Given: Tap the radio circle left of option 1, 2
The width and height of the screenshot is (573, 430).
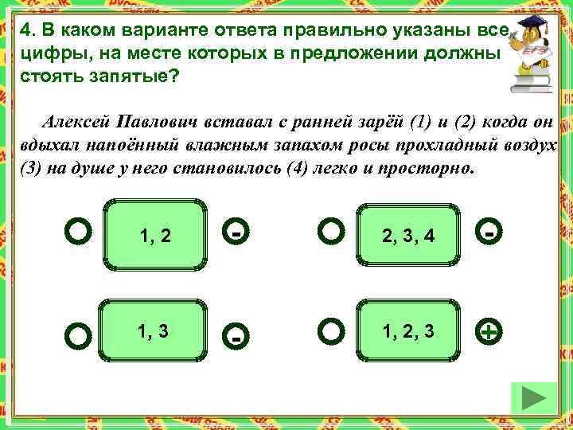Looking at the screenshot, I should point(78,232).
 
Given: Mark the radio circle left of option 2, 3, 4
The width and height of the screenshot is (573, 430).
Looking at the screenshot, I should point(330,232).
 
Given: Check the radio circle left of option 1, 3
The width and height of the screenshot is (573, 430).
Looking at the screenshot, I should point(78,335).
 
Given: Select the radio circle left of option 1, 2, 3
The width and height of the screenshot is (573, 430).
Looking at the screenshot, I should point(330,330).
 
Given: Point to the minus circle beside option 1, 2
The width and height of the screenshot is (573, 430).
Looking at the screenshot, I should point(236,233).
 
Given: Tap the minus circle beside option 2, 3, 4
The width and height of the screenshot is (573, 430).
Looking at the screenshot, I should point(490,233).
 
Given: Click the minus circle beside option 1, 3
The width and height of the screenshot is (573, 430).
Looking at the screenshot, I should point(236,336).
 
